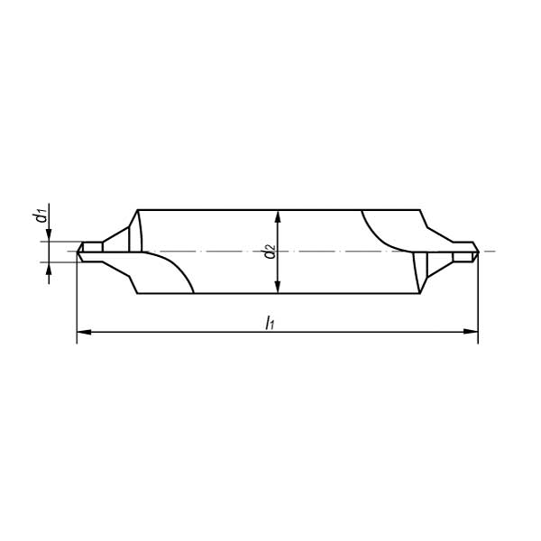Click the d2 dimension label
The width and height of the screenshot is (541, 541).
270,252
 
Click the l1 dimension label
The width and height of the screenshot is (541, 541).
270,323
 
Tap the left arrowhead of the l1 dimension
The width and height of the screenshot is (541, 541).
84,332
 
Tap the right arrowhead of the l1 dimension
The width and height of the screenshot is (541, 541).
471,332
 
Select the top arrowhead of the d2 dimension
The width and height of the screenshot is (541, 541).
278,217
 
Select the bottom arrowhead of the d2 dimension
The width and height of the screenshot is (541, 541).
278,287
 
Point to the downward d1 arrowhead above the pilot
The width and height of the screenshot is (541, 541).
49,235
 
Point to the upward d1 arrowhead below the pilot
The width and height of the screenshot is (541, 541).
49,269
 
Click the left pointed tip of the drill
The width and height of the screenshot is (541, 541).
77,252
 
